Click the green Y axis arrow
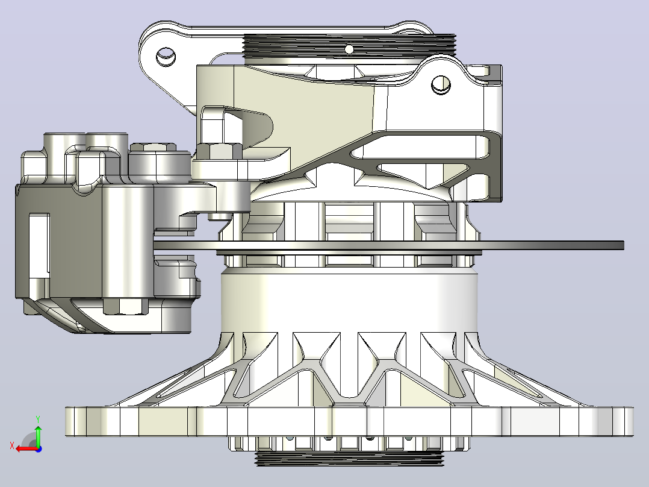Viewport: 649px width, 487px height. tap(38, 435)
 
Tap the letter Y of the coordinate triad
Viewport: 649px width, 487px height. tap(38, 419)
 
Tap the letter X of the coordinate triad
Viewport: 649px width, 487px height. tap(12, 446)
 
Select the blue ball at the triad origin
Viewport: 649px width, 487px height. tap(39, 449)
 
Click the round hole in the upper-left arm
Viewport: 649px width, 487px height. tap(166, 55)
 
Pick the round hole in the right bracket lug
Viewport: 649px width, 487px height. tap(441, 84)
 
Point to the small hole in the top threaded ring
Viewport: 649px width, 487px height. tap(349, 50)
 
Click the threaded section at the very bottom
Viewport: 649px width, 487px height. tap(350, 459)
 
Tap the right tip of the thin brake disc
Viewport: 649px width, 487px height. tap(623, 245)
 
